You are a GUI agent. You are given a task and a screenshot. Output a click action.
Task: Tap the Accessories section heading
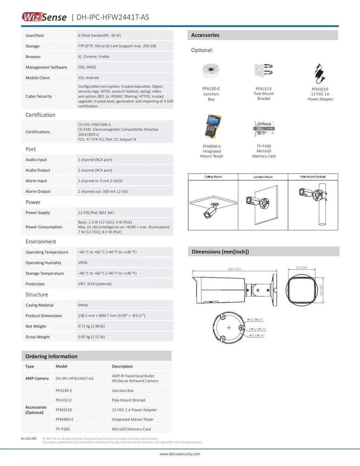[x=205, y=35]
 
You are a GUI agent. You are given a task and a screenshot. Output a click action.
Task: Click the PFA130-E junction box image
[x=211, y=72]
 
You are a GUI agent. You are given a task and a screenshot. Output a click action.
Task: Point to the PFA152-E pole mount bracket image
[x=264, y=72]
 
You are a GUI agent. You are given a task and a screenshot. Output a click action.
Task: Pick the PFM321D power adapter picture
[x=320, y=73]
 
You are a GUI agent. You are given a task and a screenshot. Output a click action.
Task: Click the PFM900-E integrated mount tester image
[x=211, y=127]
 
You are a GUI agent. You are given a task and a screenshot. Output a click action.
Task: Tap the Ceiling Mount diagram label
[x=213, y=177]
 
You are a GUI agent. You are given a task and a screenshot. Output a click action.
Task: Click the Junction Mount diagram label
[x=263, y=177]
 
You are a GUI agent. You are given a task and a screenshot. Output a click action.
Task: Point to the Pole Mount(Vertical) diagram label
[x=313, y=177]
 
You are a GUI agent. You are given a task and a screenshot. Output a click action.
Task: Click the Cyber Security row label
[x=39, y=96]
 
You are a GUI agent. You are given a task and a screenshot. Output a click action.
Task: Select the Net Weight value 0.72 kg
[x=91, y=326]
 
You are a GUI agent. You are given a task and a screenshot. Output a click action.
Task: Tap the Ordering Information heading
[x=51, y=356]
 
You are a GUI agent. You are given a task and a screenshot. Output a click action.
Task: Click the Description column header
[x=122, y=366]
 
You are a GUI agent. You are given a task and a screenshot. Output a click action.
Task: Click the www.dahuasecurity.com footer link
[x=180, y=453]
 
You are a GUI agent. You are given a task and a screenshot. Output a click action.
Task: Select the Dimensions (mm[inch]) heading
[x=220, y=252]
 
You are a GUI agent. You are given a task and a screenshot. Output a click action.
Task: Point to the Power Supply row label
[x=38, y=212]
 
